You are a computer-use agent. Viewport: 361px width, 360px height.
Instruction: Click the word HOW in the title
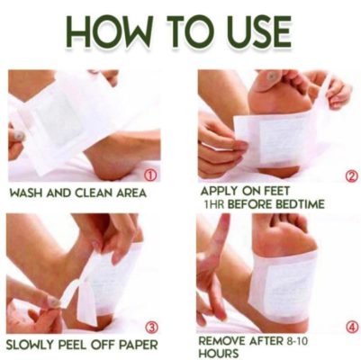click(x=106, y=31)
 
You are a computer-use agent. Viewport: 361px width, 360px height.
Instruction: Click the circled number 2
click(x=352, y=176)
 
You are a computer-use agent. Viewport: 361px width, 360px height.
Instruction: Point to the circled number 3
click(x=152, y=328)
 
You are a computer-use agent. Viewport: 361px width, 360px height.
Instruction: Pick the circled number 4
click(x=352, y=328)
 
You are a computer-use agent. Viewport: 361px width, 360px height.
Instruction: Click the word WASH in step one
click(x=26, y=193)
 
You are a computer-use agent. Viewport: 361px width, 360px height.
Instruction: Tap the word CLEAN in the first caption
click(x=92, y=193)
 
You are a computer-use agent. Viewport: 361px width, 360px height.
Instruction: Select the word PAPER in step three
click(x=139, y=345)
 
